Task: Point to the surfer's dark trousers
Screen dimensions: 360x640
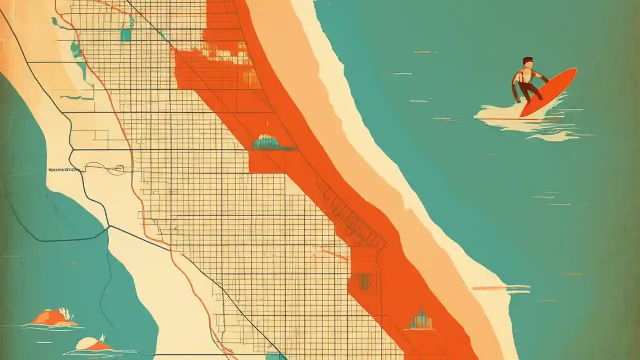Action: coord(527,90)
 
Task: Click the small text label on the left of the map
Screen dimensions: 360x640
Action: coord(64,170)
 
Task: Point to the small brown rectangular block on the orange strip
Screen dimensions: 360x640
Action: coord(365,282)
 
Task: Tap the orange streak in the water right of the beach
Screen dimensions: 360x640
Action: coord(500,288)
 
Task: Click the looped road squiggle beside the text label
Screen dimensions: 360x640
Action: coord(112,170)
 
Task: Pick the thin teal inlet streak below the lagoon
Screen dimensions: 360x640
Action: coord(75,97)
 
